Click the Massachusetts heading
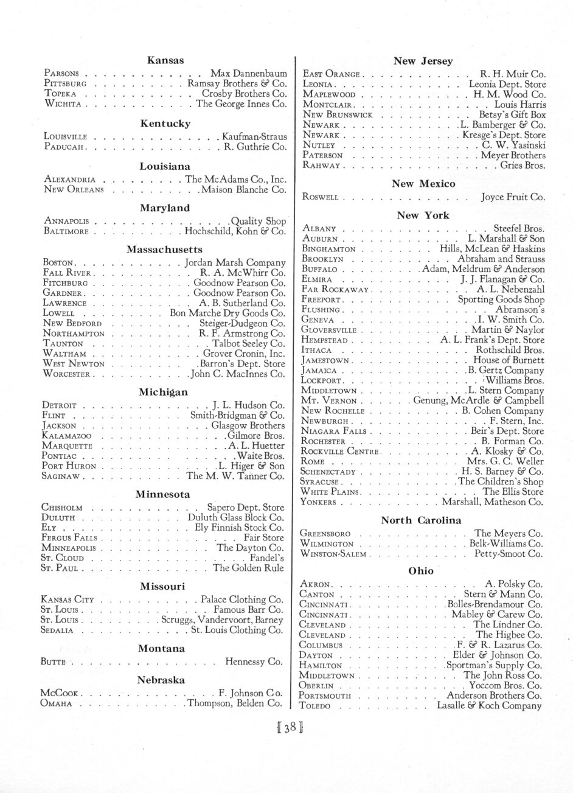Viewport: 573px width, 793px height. (165, 250)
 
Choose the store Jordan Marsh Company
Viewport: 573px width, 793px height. (235, 263)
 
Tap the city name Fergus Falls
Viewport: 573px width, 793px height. (68, 538)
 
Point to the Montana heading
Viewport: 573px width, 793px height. (161, 649)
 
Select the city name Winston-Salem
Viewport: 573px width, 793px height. (333, 554)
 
